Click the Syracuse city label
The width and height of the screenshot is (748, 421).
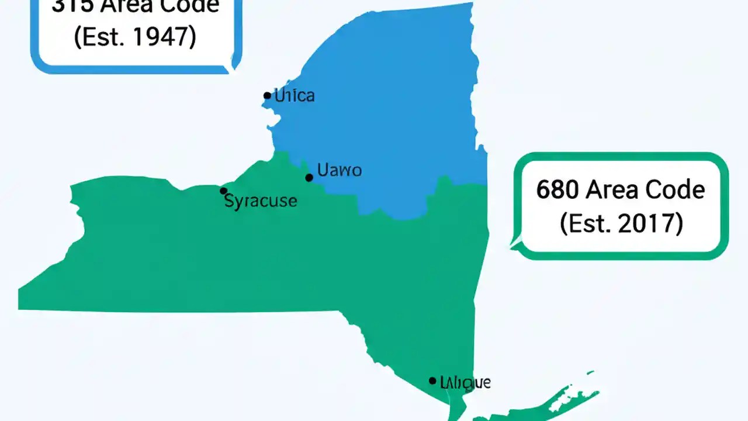[261, 201]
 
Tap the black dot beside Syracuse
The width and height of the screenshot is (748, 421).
[223, 191]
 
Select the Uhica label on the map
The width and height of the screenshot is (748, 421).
[295, 95]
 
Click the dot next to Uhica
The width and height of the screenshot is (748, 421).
[267, 95]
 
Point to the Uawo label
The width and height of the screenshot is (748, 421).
[339, 170]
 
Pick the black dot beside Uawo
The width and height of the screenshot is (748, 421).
[309, 177]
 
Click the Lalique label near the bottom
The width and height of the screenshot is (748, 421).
[465, 383]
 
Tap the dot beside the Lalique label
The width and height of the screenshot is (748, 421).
[432, 381]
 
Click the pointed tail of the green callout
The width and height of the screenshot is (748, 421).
[514, 244]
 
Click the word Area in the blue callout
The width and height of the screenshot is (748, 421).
[110, 6]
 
